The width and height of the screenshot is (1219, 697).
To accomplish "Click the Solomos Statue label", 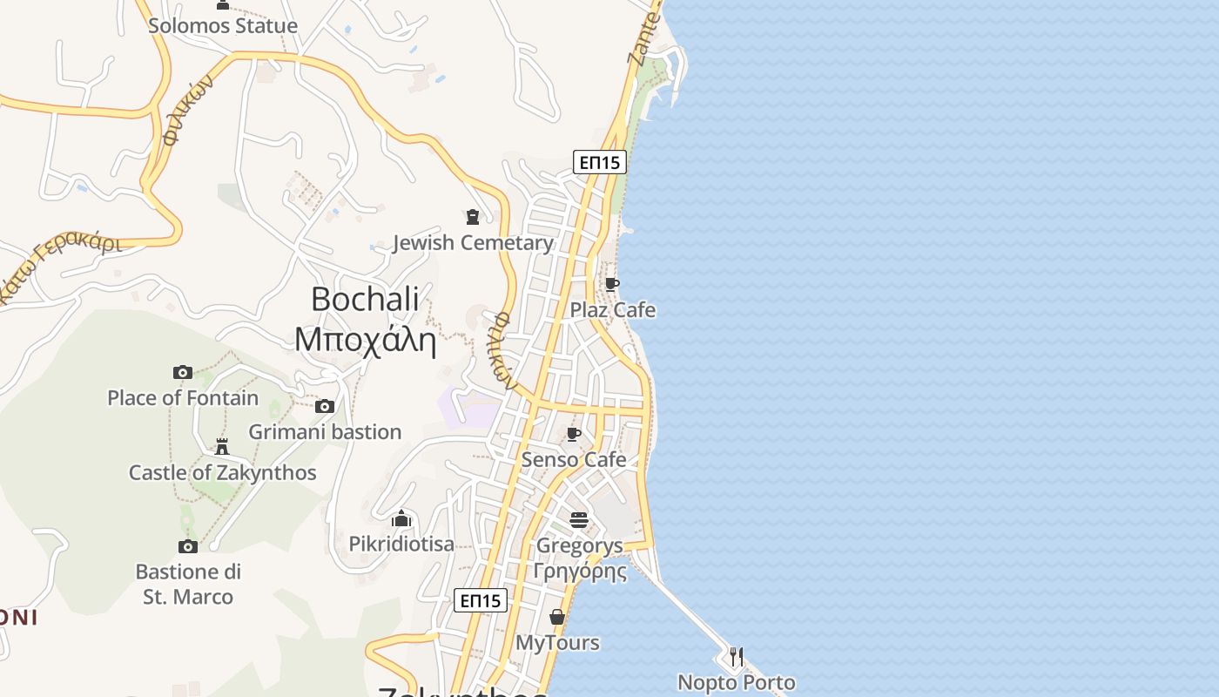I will point(223,26).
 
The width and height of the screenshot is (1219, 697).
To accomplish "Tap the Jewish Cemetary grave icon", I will point(473,216).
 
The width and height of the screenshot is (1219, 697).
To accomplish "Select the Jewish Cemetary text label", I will point(473,243).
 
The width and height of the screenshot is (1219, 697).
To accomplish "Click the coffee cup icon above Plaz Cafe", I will point(612,284).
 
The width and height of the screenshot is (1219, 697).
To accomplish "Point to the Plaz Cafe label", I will point(613,310).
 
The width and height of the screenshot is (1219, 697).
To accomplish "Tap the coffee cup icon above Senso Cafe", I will point(574,434).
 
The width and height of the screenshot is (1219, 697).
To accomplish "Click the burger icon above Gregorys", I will point(579,520).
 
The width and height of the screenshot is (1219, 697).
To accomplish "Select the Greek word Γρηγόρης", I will point(580,572).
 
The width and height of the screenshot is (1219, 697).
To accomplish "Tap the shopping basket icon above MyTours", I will point(557,618).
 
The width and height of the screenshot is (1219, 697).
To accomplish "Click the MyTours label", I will point(557,643).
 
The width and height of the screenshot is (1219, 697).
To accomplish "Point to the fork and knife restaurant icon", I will point(737,656).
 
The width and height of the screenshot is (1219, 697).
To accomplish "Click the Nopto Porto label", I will point(737,682).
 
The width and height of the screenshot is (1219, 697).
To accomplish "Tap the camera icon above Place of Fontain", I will point(183,373).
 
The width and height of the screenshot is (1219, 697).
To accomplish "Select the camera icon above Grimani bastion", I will point(325,406).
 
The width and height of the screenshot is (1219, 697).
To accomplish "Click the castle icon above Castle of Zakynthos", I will point(222,447).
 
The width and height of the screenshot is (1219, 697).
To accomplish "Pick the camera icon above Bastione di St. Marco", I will point(188,546).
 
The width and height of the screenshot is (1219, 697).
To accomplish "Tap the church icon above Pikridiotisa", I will point(401,518).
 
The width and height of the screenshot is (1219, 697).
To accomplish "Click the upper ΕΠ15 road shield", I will point(600,162).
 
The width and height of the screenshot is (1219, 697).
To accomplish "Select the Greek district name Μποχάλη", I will point(365,339).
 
